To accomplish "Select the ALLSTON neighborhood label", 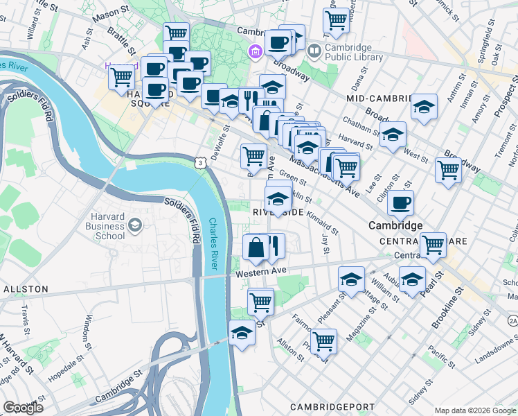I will (x=26, y=288).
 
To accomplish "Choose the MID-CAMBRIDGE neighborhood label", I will (x=375, y=99).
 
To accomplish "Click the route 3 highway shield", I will (x=200, y=162).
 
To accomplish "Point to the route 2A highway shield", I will (x=512, y=320).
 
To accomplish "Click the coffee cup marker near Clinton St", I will (x=400, y=202).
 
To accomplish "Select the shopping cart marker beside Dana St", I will (x=336, y=20).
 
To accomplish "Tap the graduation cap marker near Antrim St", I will (x=424, y=107).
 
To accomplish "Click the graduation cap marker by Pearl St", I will (x=413, y=279).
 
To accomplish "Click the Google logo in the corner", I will (x=23, y=407).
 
